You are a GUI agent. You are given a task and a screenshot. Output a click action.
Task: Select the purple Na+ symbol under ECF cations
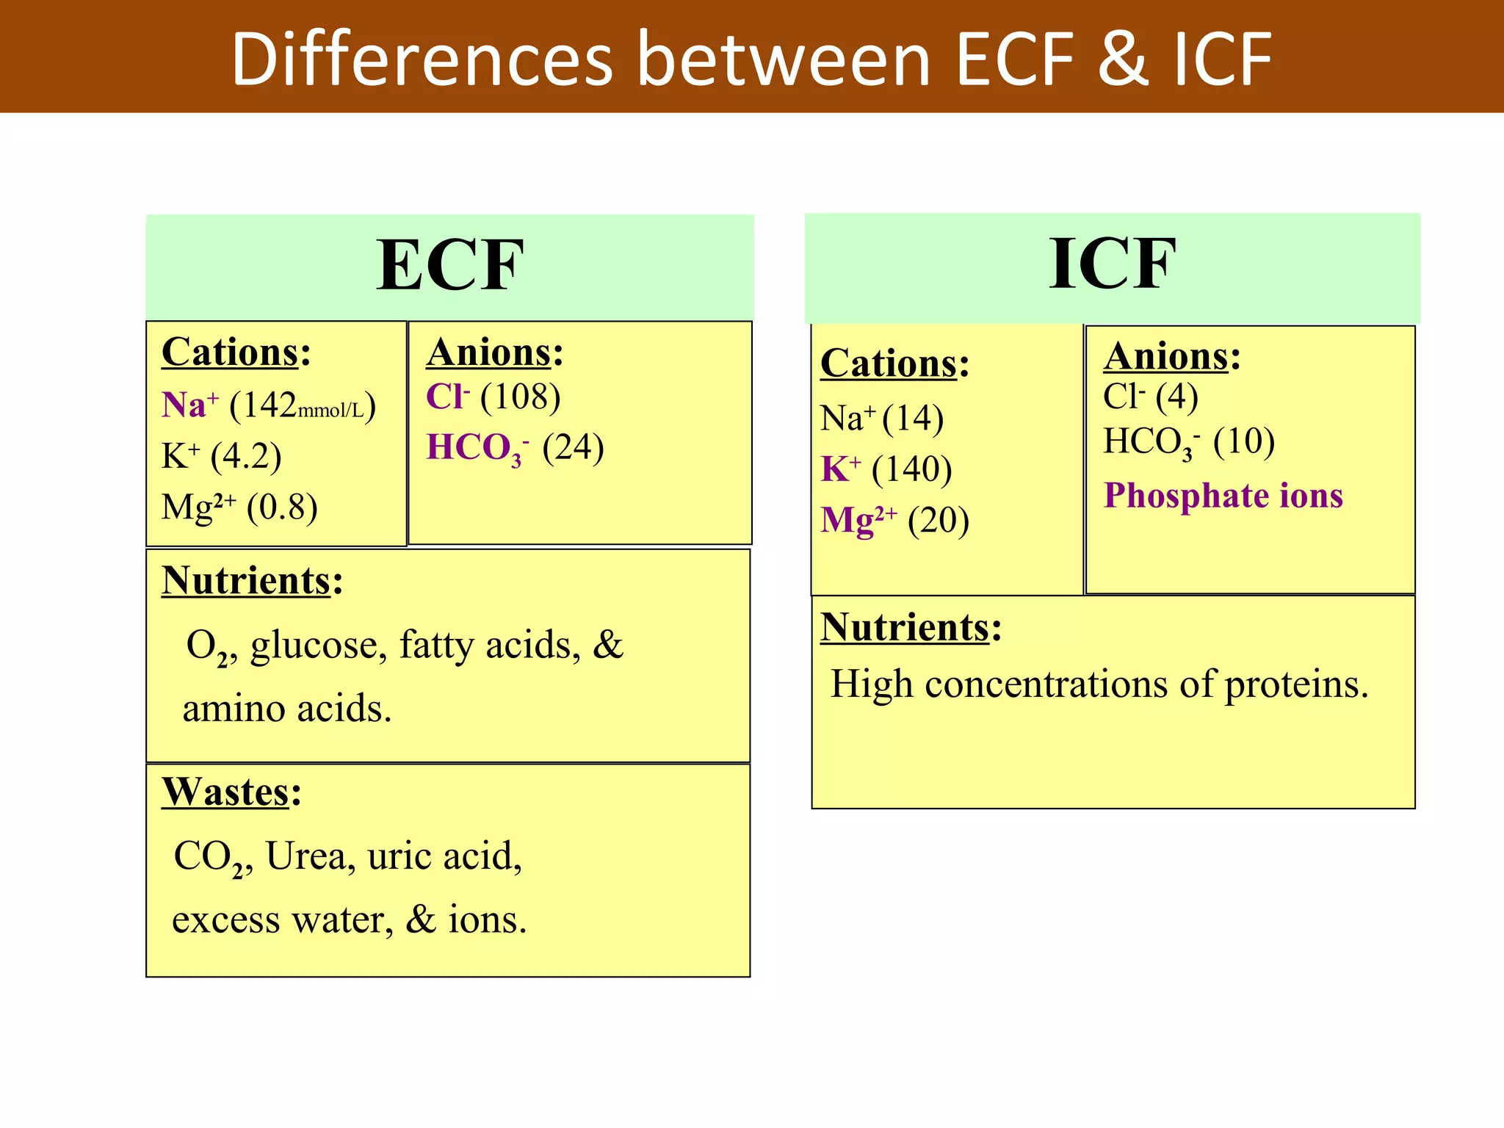point(189,405)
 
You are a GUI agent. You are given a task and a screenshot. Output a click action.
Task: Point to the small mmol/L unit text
point(330,411)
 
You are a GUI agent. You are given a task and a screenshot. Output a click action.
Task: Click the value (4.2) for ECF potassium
point(246,456)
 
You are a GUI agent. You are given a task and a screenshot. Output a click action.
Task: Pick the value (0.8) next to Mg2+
point(282,507)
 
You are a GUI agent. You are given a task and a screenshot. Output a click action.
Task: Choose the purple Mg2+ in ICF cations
point(858,520)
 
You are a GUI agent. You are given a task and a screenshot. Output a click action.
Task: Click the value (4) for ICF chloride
point(1176,397)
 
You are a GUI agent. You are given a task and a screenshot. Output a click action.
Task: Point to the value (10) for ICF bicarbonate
point(1243,441)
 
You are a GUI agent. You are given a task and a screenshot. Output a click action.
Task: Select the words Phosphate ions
point(1223,495)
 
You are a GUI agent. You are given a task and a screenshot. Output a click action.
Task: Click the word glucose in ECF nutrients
point(318,646)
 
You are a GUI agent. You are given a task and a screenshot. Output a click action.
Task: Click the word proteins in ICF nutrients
point(1296,684)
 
